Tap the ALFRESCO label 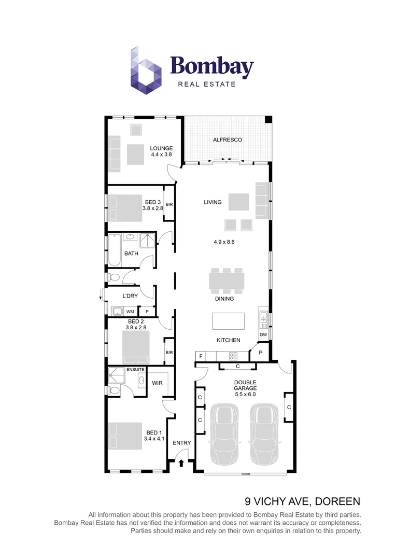click(x=228, y=140)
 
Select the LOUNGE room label click(x=161, y=148)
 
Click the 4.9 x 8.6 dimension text click(x=224, y=242)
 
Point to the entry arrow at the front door click(x=181, y=462)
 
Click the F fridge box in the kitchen click(x=200, y=356)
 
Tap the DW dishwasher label click(x=263, y=335)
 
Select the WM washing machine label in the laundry click(x=130, y=312)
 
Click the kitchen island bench click(x=229, y=321)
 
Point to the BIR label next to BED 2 click(x=169, y=353)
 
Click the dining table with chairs click(x=227, y=281)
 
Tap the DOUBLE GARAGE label click(x=245, y=386)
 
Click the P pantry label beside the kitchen click(x=260, y=353)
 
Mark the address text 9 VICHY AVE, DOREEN click(x=302, y=501)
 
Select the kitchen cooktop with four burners click(x=233, y=356)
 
